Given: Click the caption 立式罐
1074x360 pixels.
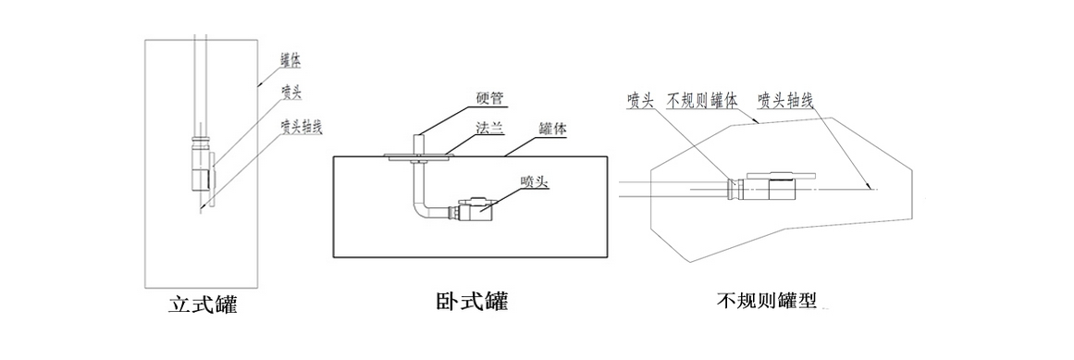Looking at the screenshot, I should pyautogui.click(x=203, y=304).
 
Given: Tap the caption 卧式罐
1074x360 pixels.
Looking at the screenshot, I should pyautogui.click(x=471, y=302).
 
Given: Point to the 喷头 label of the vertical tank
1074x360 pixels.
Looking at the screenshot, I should pyautogui.click(x=291, y=93).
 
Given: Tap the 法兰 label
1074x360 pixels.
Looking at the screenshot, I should pyautogui.click(x=490, y=129).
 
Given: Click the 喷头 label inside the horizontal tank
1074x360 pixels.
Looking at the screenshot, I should pyautogui.click(x=535, y=181).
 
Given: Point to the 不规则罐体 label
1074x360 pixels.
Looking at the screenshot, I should pyautogui.click(x=701, y=99).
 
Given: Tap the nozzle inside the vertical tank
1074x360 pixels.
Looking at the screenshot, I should pyautogui.click(x=201, y=169).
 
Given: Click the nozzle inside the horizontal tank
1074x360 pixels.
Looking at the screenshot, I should pyautogui.click(x=476, y=208).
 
